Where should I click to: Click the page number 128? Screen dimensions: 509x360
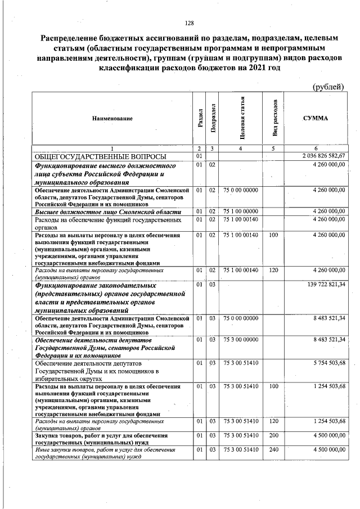coord(189,23)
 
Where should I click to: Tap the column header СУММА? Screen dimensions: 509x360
coord(316,118)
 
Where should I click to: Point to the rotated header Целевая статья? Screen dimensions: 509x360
coord(241,118)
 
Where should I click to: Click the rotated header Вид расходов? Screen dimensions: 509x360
coord(274,118)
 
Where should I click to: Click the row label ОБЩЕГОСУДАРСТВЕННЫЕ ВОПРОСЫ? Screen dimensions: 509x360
coord(100,156)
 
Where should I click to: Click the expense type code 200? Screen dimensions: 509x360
coord(274,435)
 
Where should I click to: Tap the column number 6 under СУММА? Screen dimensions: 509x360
coord(316,148)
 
